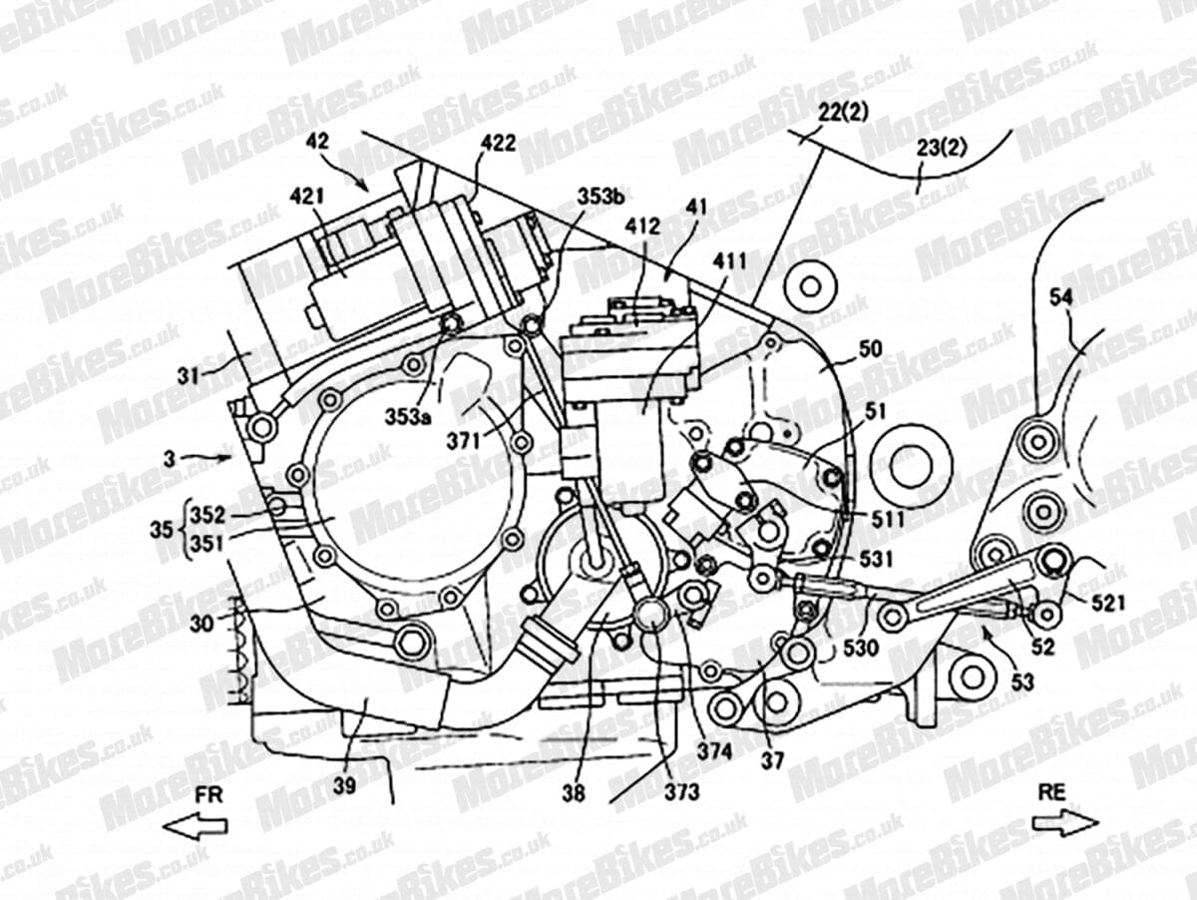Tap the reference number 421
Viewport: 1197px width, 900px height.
307,198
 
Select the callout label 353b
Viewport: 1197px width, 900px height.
601,197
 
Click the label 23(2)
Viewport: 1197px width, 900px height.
942,148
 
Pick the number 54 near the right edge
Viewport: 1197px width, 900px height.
1060,297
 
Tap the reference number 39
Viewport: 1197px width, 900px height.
345,785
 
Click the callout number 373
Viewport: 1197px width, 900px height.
681,791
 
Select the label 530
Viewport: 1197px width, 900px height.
861,648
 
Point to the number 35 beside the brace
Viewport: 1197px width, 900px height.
162,530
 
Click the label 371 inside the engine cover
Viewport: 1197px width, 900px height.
464,441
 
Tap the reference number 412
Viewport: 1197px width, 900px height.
643,225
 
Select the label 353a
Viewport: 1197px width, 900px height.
408,417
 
